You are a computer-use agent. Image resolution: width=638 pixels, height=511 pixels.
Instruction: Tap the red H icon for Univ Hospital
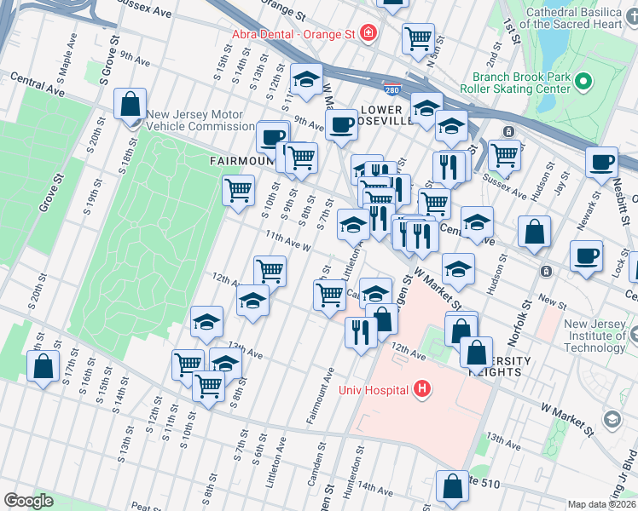point(420,390)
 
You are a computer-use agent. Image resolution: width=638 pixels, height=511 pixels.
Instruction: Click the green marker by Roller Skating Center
point(584,82)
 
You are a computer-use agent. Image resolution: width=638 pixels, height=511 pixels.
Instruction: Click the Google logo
point(28,501)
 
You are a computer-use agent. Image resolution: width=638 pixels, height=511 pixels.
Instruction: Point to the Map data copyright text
point(602,504)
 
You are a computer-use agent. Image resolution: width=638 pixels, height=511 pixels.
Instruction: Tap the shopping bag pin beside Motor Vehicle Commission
point(130,105)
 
